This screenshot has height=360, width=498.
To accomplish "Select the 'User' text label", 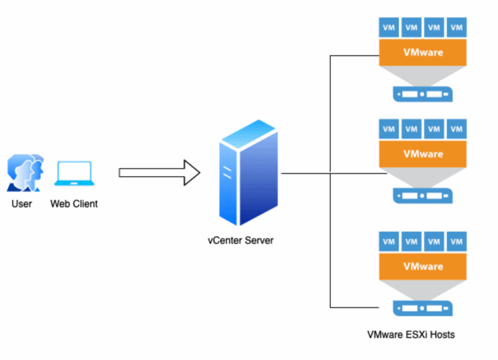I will (22, 204).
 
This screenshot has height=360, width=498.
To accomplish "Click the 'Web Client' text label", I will (74, 204).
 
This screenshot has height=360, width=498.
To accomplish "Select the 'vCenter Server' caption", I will (240, 240).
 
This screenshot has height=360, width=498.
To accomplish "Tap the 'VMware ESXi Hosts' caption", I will (411, 335).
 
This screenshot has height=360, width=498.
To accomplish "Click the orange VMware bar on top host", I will (423, 53).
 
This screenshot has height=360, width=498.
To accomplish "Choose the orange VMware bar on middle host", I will (423, 154).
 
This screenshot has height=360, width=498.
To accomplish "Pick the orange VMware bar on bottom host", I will (423, 266).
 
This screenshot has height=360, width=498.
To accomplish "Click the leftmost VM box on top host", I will (389, 27).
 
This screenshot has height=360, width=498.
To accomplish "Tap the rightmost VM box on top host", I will (457, 27).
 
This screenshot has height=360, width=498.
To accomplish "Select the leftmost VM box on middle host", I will (389, 129).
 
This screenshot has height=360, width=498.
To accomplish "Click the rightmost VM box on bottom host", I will (457, 242).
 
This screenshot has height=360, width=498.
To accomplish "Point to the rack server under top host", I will (422, 94).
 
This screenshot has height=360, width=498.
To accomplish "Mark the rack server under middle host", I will (422, 196).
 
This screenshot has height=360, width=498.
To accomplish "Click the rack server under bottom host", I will (422, 309).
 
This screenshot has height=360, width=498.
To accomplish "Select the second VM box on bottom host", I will (411, 242).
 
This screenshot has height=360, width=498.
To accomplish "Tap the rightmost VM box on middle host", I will (457, 129).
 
